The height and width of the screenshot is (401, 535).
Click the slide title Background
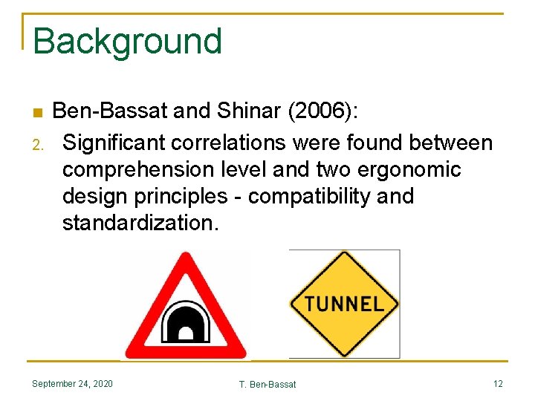(127, 42)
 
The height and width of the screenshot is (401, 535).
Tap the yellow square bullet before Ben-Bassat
(36, 114)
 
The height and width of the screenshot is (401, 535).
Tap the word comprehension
(140, 169)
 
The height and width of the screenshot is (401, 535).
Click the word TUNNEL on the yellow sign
(344, 304)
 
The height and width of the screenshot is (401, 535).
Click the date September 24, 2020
(72, 384)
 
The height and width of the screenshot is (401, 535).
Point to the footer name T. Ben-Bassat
(267, 385)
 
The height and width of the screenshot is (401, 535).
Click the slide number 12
(497, 384)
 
